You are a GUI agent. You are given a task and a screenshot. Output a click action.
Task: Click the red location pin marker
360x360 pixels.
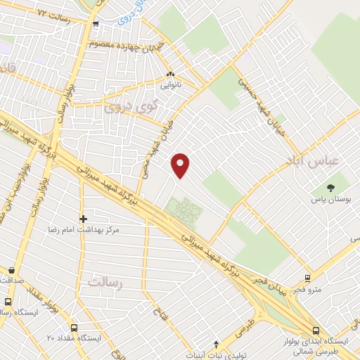[x=181, y=165]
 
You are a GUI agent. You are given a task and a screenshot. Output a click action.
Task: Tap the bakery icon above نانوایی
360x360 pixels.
[x=169, y=74]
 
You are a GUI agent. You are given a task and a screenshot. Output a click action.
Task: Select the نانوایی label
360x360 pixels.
[x=172, y=85]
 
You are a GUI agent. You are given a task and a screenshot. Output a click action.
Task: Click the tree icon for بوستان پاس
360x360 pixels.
[x=330, y=187]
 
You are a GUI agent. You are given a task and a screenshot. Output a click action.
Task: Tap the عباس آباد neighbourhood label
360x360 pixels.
[x=313, y=162]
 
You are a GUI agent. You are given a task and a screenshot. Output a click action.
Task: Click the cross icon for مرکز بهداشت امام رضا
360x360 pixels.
[x=83, y=219]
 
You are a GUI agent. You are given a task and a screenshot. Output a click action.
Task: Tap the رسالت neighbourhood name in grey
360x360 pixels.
[x=106, y=281]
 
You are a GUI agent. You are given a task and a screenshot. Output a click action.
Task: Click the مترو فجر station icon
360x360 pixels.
[x=307, y=278]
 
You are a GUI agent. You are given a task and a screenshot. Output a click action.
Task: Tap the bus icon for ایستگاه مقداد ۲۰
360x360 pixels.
[x=75, y=327]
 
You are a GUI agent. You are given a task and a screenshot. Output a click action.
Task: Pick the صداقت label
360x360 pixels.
[x=12, y=280]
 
